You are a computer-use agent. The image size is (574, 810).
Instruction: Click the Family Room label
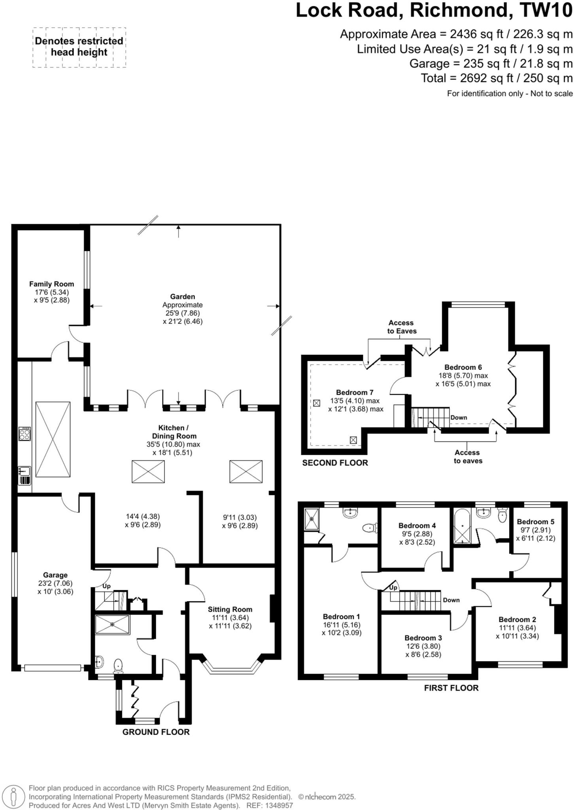[x=51, y=284]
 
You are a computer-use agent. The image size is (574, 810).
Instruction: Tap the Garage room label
[x=55, y=575]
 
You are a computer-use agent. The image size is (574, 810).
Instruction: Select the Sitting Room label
[x=230, y=609]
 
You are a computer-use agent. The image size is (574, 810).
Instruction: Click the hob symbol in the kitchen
[x=25, y=433]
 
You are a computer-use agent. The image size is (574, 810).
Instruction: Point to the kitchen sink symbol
[x=25, y=476]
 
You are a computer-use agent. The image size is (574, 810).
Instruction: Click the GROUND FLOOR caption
[x=156, y=732]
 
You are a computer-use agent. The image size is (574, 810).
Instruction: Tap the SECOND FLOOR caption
[x=335, y=463]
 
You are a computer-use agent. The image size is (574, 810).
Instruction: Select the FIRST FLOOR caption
[x=451, y=688]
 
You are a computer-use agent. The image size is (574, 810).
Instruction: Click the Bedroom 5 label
[x=535, y=522]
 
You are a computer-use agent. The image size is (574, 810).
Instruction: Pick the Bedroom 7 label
[x=355, y=392]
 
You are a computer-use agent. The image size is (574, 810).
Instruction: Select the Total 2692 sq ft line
[x=496, y=78]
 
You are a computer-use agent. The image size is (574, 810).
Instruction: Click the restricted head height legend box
[x=79, y=47]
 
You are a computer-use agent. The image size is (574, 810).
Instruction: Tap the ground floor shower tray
[x=113, y=625]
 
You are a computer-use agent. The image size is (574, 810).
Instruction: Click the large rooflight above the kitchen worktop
[x=53, y=439]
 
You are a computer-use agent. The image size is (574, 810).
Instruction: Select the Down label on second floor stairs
[x=459, y=418]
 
